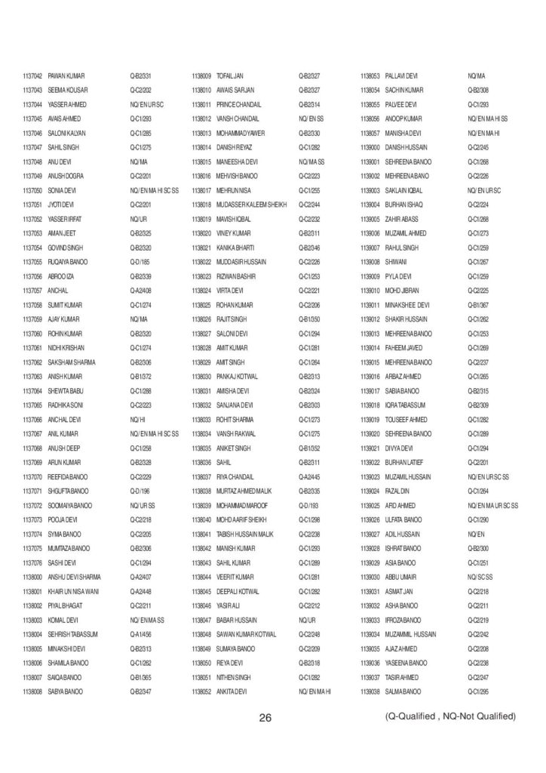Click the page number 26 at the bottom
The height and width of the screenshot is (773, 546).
(x=265, y=716)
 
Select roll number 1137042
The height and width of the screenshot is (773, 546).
(x=32, y=76)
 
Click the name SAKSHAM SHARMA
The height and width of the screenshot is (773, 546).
(x=72, y=362)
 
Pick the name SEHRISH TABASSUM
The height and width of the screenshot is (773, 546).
(x=74, y=633)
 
